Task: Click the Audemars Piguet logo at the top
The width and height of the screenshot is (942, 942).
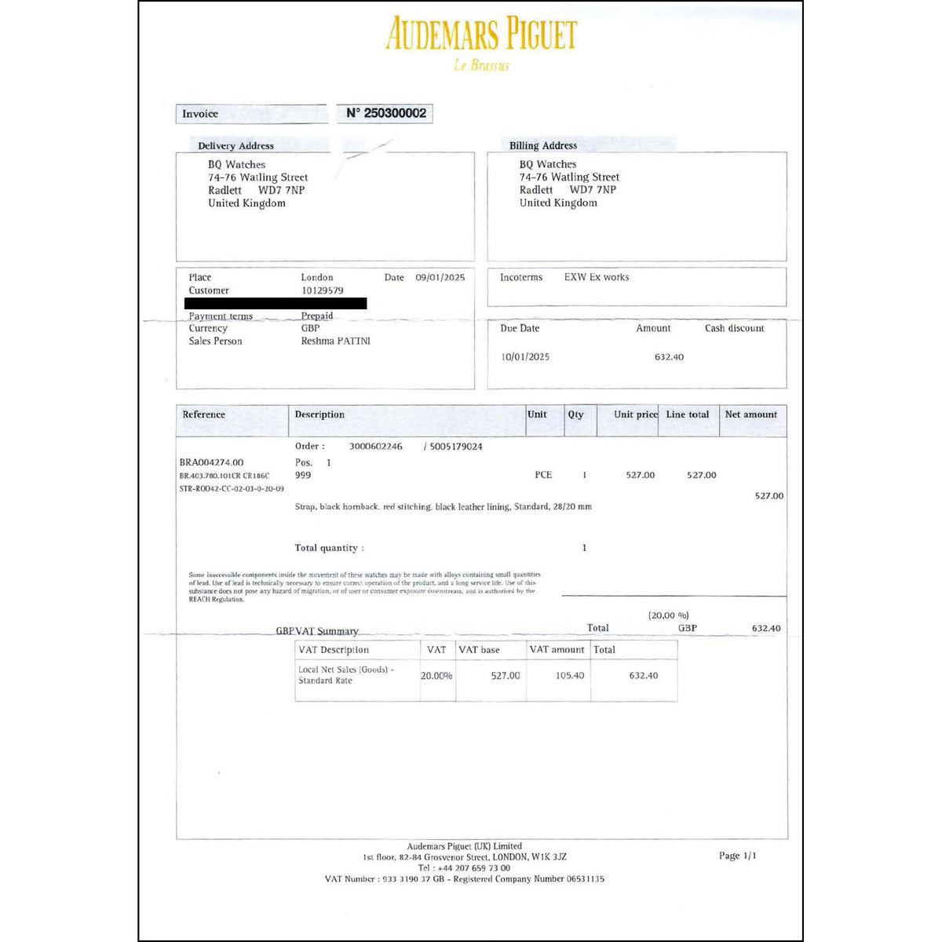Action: pyautogui.click(x=481, y=35)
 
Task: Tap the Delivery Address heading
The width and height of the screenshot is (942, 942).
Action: pyautogui.click(x=235, y=146)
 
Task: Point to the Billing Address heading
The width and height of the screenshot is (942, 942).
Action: pyautogui.click(x=542, y=146)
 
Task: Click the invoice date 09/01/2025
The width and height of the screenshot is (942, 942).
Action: pyautogui.click(x=440, y=277)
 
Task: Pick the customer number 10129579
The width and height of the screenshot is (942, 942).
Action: pyautogui.click(x=322, y=290)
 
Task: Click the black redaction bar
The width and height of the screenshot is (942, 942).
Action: pyautogui.click(x=276, y=303)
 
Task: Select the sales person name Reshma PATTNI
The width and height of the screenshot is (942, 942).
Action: pyautogui.click(x=335, y=341)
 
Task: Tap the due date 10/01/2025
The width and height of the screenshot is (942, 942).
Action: pyautogui.click(x=525, y=357)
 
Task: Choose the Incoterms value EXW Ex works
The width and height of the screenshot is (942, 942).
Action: pyautogui.click(x=596, y=277)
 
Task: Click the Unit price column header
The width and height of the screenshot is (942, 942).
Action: pyautogui.click(x=636, y=414)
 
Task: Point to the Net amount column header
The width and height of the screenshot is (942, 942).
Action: pyautogui.click(x=750, y=414)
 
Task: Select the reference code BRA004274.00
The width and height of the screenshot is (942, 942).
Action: pyautogui.click(x=211, y=462)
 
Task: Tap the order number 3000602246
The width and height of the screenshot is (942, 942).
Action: pyautogui.click(x=375, y=447)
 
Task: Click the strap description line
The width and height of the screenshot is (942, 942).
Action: pyautogui.click(x=443, y=507)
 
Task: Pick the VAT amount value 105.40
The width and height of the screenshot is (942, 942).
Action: pyautogui.click(x=569, y=676)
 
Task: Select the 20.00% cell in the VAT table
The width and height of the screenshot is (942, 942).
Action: pyautogui.click(x=436, y=676)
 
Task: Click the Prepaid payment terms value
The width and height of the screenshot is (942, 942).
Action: pyautogui.click(x=317, y=316)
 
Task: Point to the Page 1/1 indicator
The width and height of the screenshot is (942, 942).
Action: pyautogui.click(x=737, y=856)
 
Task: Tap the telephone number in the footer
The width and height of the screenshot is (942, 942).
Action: pyautogui.click(x=464, y=868)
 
